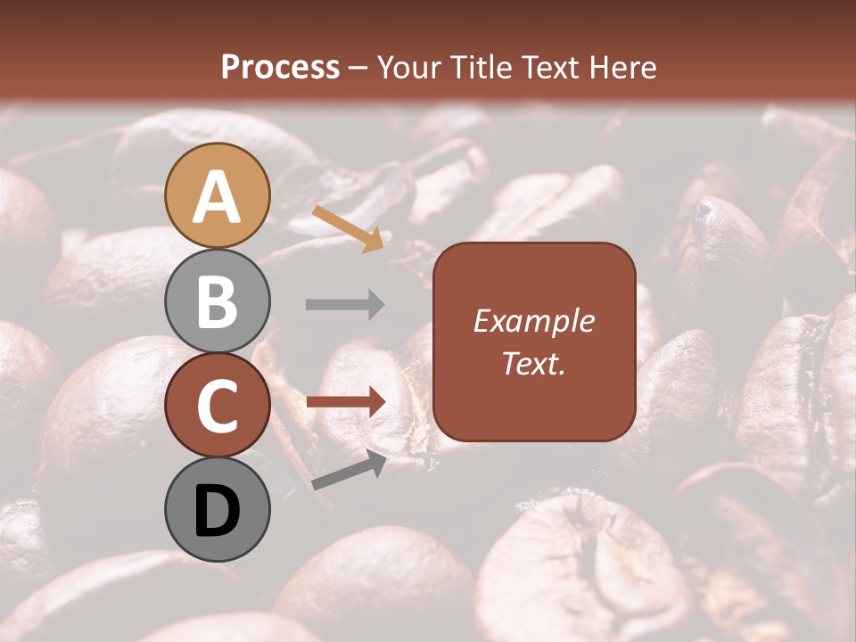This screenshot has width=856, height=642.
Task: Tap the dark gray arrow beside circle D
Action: (x=349, y=471)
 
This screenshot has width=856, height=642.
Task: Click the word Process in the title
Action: (x=280, y=68)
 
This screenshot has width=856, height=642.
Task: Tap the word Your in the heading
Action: (x=409, y=68)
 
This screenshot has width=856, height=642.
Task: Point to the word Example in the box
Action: (x=533, y=321)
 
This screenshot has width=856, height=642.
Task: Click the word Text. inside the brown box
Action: (x=533, y=363)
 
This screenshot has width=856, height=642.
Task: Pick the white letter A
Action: (x=217, y=197)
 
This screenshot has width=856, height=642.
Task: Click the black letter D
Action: (x=217, y=512)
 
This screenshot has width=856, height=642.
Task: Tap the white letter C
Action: (x=217, y=406)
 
